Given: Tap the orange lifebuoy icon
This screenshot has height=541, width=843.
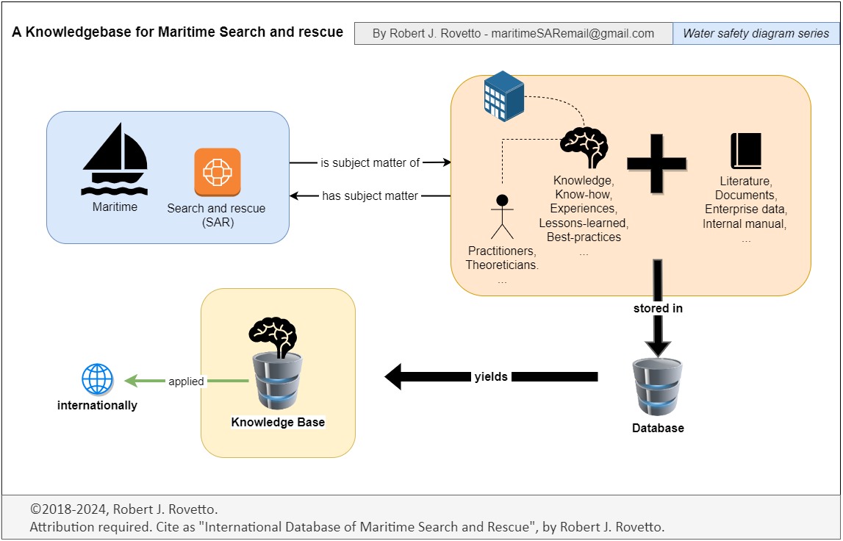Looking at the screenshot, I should (x=218, y=172).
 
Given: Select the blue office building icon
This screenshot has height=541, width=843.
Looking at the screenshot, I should (x=503, y=95).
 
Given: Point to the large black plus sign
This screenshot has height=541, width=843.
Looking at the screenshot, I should (x=656, y=163).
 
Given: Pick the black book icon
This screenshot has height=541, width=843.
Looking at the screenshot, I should (x=745, y=151).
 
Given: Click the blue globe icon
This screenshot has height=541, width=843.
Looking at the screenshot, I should (x=97, y=380).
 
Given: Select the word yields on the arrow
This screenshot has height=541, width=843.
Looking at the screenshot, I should (x=490, y=377).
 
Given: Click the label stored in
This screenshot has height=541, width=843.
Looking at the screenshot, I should (x=658, y=309).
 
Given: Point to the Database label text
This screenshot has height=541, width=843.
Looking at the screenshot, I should (x=658, y=428).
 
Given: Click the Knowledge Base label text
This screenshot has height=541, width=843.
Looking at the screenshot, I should (x=278, y=422).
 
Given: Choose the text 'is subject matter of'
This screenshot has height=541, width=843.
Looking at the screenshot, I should (x=370, y=162).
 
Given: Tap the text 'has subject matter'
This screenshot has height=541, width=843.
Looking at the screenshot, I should (x=370, y=196).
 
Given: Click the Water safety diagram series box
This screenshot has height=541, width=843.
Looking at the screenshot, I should (x=756, y=33).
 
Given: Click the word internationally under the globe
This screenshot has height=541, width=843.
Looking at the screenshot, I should (x=97, y=405).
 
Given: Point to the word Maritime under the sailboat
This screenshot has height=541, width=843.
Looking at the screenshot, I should (x=115, y=207).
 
